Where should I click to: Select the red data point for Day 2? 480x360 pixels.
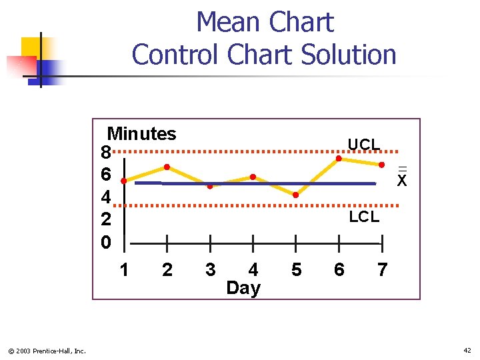[x=167, y=167]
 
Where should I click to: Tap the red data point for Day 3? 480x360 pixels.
[x=209, y=186]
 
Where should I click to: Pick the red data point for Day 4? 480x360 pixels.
[x=253, y=177]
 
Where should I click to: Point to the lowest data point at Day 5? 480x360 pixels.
[x=296, y=195]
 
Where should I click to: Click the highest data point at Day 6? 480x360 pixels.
[x=339, y=159]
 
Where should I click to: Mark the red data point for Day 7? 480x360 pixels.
[x=382, y=164]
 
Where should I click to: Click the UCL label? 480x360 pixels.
[x=364, y=145]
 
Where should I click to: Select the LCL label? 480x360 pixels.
[x=364, y=217]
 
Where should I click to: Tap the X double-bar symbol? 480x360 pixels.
[x=401, y=178]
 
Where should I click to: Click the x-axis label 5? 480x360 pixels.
[x=297, y=269]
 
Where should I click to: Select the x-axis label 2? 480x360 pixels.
[x=167, y=269]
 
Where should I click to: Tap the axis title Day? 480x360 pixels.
[x=243, y=288]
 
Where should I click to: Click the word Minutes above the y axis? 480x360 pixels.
[x=142, y=134]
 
